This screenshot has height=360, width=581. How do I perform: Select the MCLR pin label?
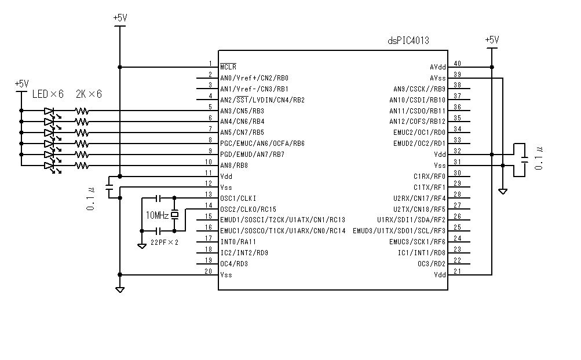click(x=228, y=67)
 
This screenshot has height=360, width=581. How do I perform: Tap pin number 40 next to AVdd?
click(x=457, y=64)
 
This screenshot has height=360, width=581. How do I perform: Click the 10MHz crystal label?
click(x=157, y=215)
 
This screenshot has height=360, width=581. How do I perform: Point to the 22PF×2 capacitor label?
click(x=164, y=241)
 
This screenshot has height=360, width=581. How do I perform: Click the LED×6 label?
click(x=47, y=94)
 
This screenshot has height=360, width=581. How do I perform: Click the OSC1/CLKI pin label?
click(x=238, y=198)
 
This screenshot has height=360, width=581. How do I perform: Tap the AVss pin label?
click(x=437, y=78)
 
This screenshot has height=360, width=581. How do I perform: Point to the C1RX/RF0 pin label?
click(x=429, y=176)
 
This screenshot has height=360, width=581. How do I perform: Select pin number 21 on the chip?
click(x=457, y=271)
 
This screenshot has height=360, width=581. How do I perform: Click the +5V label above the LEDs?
click(x=21, y=84)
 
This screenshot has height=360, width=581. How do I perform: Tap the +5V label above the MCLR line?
click(x=120, y=18)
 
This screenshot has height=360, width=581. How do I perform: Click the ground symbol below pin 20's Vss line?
click(x=119, y=289)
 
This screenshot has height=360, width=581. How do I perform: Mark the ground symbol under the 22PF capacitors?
click(x=142, y=246)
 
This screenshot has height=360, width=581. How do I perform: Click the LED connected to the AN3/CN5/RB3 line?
click(x=49, y=111)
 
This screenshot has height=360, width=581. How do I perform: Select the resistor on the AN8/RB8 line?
click(x=82, y=166)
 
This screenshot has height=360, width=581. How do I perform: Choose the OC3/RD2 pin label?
click(x=432, y=263)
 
